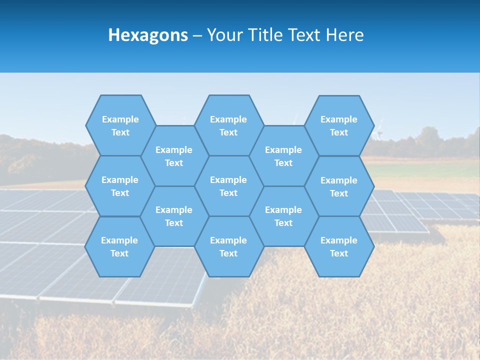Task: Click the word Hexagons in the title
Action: pos(148,35)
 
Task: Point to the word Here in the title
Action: pos(344,35)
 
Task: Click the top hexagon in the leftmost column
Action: pos(120,125)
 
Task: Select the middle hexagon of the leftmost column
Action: pos(120,186)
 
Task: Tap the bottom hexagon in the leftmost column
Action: pos(119,246)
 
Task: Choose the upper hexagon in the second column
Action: pos(174,156)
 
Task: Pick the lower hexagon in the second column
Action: pos(174,216)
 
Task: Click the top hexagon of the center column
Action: pos(228,125)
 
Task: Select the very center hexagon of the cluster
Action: pos(228,186)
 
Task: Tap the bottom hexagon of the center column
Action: pos(228,246)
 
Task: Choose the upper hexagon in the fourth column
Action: pos(283,156)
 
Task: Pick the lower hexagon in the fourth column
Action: pos(283,216)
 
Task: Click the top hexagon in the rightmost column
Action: pos(339,125)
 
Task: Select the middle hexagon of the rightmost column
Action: pos(339,186)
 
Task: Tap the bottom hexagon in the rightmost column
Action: pos(339,246)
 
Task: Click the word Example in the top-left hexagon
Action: pos(120,119)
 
